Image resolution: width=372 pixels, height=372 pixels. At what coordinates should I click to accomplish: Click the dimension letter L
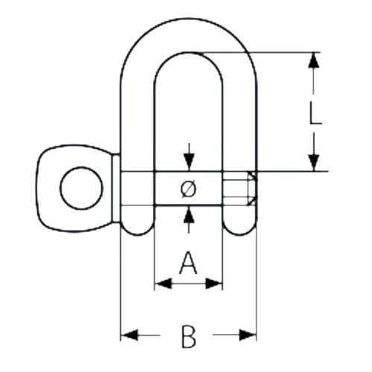(x=315, y=113)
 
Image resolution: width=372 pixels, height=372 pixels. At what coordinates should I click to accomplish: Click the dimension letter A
(x=188, y=263)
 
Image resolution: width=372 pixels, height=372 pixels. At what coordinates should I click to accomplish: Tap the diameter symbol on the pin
(x=189, y=189)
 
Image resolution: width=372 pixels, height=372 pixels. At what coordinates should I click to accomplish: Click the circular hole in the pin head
(x=81, y=188)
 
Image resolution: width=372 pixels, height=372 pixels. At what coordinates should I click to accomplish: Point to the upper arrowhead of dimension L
(x=314, y=60)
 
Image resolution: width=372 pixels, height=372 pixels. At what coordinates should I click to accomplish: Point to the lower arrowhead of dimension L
(x=314, y=163)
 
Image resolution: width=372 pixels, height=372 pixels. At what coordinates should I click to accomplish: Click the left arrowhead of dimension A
(x=163, y=283)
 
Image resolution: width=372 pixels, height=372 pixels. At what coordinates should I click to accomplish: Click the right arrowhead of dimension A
(x=214, y=283)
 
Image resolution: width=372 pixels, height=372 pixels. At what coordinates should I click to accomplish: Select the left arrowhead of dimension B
(x=129, y=335)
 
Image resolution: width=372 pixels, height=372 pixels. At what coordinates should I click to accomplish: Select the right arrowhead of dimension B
(x=248, y=335)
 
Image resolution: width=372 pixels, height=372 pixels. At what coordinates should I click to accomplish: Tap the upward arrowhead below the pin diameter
(x=189, y=214)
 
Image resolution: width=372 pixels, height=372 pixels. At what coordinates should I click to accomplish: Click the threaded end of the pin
(x=240, y=188)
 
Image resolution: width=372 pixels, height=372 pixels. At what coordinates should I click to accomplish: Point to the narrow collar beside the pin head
(x=116, y=188)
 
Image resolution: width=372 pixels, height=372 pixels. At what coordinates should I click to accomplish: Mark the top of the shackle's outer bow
(x=189, y=19)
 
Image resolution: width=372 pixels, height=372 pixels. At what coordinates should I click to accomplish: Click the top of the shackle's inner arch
(x=189, y=53)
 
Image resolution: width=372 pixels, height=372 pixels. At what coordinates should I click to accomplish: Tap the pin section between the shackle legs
(x=188, y=188)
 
